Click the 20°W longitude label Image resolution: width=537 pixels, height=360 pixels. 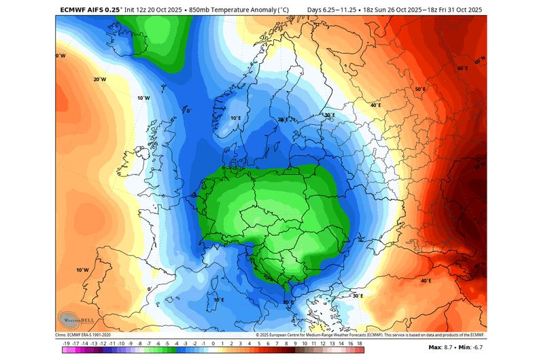[x=99, y=79]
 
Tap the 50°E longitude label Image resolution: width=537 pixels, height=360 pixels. [x=420, y=89]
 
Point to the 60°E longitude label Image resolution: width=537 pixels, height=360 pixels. [x=462, y=69]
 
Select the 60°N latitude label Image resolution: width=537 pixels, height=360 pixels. [x=480, y=62]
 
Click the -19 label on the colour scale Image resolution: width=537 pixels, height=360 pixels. [x=65, y=344]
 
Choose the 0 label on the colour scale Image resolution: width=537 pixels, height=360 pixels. [x=213, y=344]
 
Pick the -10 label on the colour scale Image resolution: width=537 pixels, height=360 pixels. [x=120, y=344]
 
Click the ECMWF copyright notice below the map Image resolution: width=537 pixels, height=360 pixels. [x=371, y=334]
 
